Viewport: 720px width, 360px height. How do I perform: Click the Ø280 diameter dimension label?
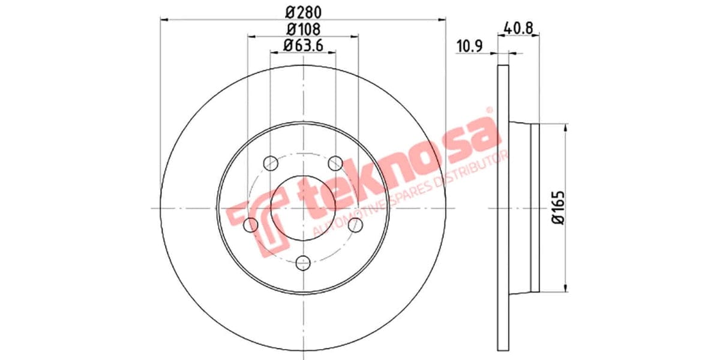tap(303, 11)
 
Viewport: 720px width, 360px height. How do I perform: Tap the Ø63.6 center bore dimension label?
tap(303, 44)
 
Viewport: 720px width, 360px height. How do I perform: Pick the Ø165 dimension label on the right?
tap(558, 208)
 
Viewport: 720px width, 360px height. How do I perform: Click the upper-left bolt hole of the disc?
tap(271, 163)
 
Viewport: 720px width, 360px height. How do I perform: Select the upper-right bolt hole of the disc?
tap(336, 163)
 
